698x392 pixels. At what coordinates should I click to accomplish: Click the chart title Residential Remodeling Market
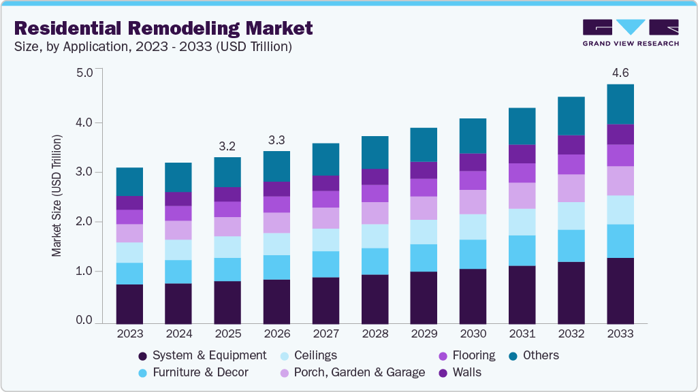(163, 28)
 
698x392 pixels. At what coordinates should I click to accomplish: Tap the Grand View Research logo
(631, 33)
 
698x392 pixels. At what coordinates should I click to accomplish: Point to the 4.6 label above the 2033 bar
(620, 72)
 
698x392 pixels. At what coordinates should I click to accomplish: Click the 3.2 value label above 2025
(227, 146)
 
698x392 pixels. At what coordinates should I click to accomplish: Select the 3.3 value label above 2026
(276, 140)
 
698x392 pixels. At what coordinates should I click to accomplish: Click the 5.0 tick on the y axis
(84, 73)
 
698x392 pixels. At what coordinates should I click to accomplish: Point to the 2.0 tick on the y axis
(84, 222)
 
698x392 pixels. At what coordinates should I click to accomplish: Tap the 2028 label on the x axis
(375, 334)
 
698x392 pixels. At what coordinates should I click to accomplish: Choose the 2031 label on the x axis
(522, 334)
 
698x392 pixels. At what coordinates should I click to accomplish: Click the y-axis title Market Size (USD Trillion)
(57, 196)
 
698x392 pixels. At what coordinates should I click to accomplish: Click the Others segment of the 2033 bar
(620, 104)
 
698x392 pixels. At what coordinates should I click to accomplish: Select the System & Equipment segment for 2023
(129, 304)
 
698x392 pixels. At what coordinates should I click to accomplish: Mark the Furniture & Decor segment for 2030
(473, 254)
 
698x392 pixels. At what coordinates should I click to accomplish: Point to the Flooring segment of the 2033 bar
(620, 155)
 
